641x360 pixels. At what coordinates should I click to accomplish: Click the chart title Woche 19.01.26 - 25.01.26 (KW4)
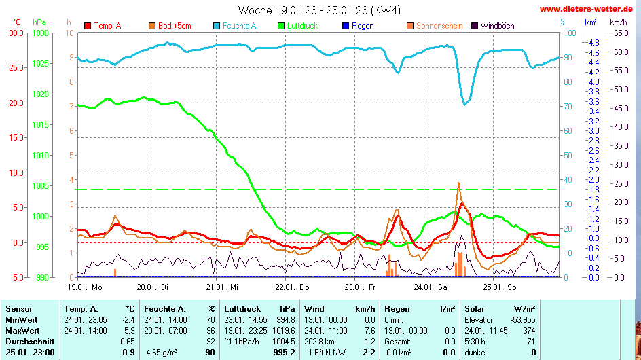click(319, 10)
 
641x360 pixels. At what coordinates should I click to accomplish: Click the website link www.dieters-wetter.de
click(589, 10)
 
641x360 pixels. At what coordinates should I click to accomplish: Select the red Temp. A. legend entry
click(103, 26)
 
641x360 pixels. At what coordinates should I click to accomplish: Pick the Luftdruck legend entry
click(297, 26)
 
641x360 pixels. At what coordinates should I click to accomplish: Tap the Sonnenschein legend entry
click(435, 26)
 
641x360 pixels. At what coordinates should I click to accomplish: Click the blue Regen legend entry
click(358, 26)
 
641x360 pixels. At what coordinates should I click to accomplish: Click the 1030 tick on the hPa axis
click(40, 33)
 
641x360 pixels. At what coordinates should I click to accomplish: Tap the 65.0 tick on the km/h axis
click(621, 33)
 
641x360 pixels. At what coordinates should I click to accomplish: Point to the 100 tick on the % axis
click(570, 33)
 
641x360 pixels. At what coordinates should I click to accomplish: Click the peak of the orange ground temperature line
click(458, 183)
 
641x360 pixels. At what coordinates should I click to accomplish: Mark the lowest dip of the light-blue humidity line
click(465, 104)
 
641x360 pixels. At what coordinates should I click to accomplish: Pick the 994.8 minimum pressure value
click(283, 320)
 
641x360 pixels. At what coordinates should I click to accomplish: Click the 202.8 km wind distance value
click(320, 341)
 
